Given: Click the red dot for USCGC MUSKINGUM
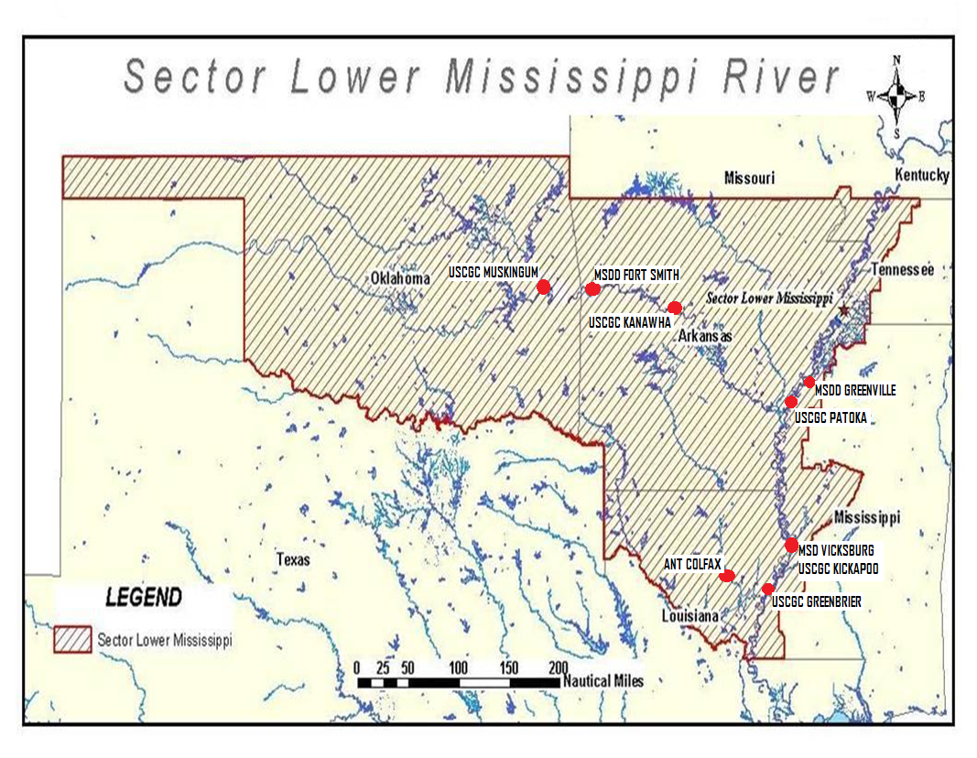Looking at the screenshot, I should pyautogui.click(x=543, y=287).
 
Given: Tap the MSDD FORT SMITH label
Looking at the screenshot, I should pyautogui.click(x=636, y=274).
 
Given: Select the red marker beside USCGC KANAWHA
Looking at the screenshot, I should pyautogui.click(x=675, y=308).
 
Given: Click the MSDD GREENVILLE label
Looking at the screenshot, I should pyautogui.click(x=855, y=390).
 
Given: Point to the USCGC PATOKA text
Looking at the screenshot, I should pyautogui.click(x=830, y=417).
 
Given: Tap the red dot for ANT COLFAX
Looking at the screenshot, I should pyautogui.click(x=727, y=576).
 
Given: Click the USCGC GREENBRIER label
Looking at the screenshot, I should pyautogui.click(x=816, y=601).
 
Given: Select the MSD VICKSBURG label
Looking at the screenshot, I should pyautogui.click(x=835, y=551).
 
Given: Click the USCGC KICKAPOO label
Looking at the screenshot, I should pyautogui.click(x=838, y=568).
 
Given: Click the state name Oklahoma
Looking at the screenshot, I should pyautogui.click(x=400, y=278).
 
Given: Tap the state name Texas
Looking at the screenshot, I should pyautogui.click(x=293, y=559).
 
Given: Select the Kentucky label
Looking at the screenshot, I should pyautogui.click(x=921, y=175).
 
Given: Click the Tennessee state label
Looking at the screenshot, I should pyautogui.click(x=902, y=269).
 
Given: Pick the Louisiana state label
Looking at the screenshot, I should pyautogui.click(x=690, y=616).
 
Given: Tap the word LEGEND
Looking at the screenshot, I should pyautogui.click(x=144, y=598).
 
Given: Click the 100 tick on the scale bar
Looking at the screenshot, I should pyautogui.click(x=459, y=666).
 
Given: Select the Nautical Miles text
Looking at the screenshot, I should pyautogui.click(x=602, y=681).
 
